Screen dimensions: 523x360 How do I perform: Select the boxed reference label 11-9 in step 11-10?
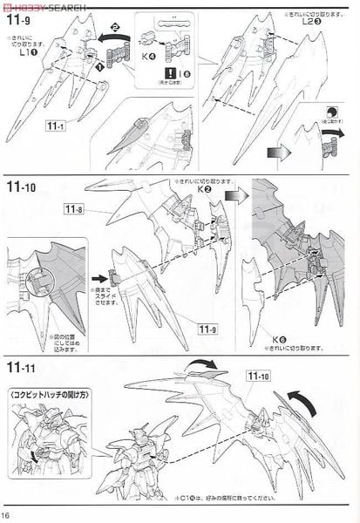point(206,329)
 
